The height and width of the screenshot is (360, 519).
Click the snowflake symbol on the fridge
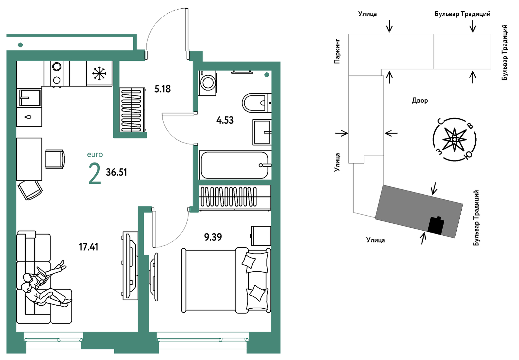coord(99,73)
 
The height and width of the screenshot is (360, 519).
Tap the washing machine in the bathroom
coord(208,83)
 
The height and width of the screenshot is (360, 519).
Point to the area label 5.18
coord(163,89)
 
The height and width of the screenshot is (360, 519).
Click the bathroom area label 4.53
coord(225,120)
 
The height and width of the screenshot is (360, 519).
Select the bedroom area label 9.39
coord(213,237)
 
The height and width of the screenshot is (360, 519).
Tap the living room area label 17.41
coord(88,247)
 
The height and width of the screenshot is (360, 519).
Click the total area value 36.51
coord(116,172)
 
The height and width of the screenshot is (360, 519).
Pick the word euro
coord(95,154)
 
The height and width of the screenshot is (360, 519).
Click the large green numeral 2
coord(95,173)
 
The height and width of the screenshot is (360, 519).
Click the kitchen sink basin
coord(30,97)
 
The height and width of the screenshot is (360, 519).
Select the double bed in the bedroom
coord(226,280)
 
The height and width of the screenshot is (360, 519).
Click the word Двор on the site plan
coord(420,101)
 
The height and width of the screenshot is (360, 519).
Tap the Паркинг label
coord(337,51)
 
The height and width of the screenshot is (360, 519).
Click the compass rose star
coord(454,139)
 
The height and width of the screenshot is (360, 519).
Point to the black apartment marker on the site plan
coord(436,226)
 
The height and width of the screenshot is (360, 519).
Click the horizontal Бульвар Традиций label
coord(463,14)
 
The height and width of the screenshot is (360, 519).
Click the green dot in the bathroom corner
coord(267,75)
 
